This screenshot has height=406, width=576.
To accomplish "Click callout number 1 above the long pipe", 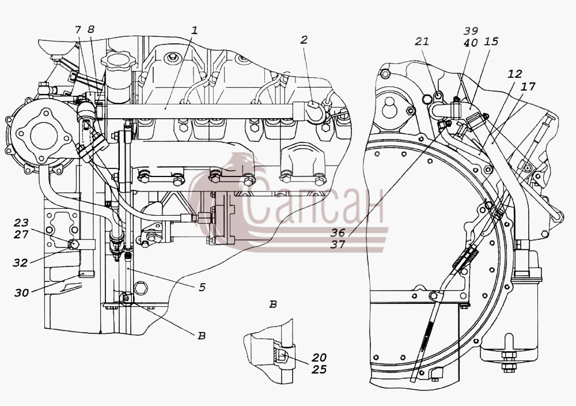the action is coord(194,30).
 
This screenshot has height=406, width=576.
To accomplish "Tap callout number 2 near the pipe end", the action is coord(304,40).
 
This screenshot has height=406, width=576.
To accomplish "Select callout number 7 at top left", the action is coord(78,30).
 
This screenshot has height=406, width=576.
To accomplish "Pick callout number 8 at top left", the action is coord(91,29).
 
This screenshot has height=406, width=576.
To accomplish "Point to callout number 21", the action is coord(422,41).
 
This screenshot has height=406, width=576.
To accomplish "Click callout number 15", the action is coord(491,41).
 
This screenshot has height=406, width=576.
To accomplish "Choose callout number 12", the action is coord(514,74).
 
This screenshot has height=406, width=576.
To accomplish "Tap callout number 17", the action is coord(528,87).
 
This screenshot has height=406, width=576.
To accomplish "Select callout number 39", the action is coord(470,31).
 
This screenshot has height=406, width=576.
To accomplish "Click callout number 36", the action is coord(338,232).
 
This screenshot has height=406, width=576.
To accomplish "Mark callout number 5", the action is coord(202,287).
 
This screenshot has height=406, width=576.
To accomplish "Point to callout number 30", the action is coord(22,293).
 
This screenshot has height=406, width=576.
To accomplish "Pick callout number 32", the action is coord(20,262).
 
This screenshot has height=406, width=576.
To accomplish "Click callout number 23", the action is coord(21,223).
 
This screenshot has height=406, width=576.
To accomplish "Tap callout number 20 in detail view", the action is coord(319,358).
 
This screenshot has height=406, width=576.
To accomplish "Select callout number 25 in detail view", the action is coord(319,369).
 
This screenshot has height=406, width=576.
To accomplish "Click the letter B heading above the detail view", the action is coord(272,304).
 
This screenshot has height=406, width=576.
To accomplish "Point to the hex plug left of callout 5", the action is coord(142,287).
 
